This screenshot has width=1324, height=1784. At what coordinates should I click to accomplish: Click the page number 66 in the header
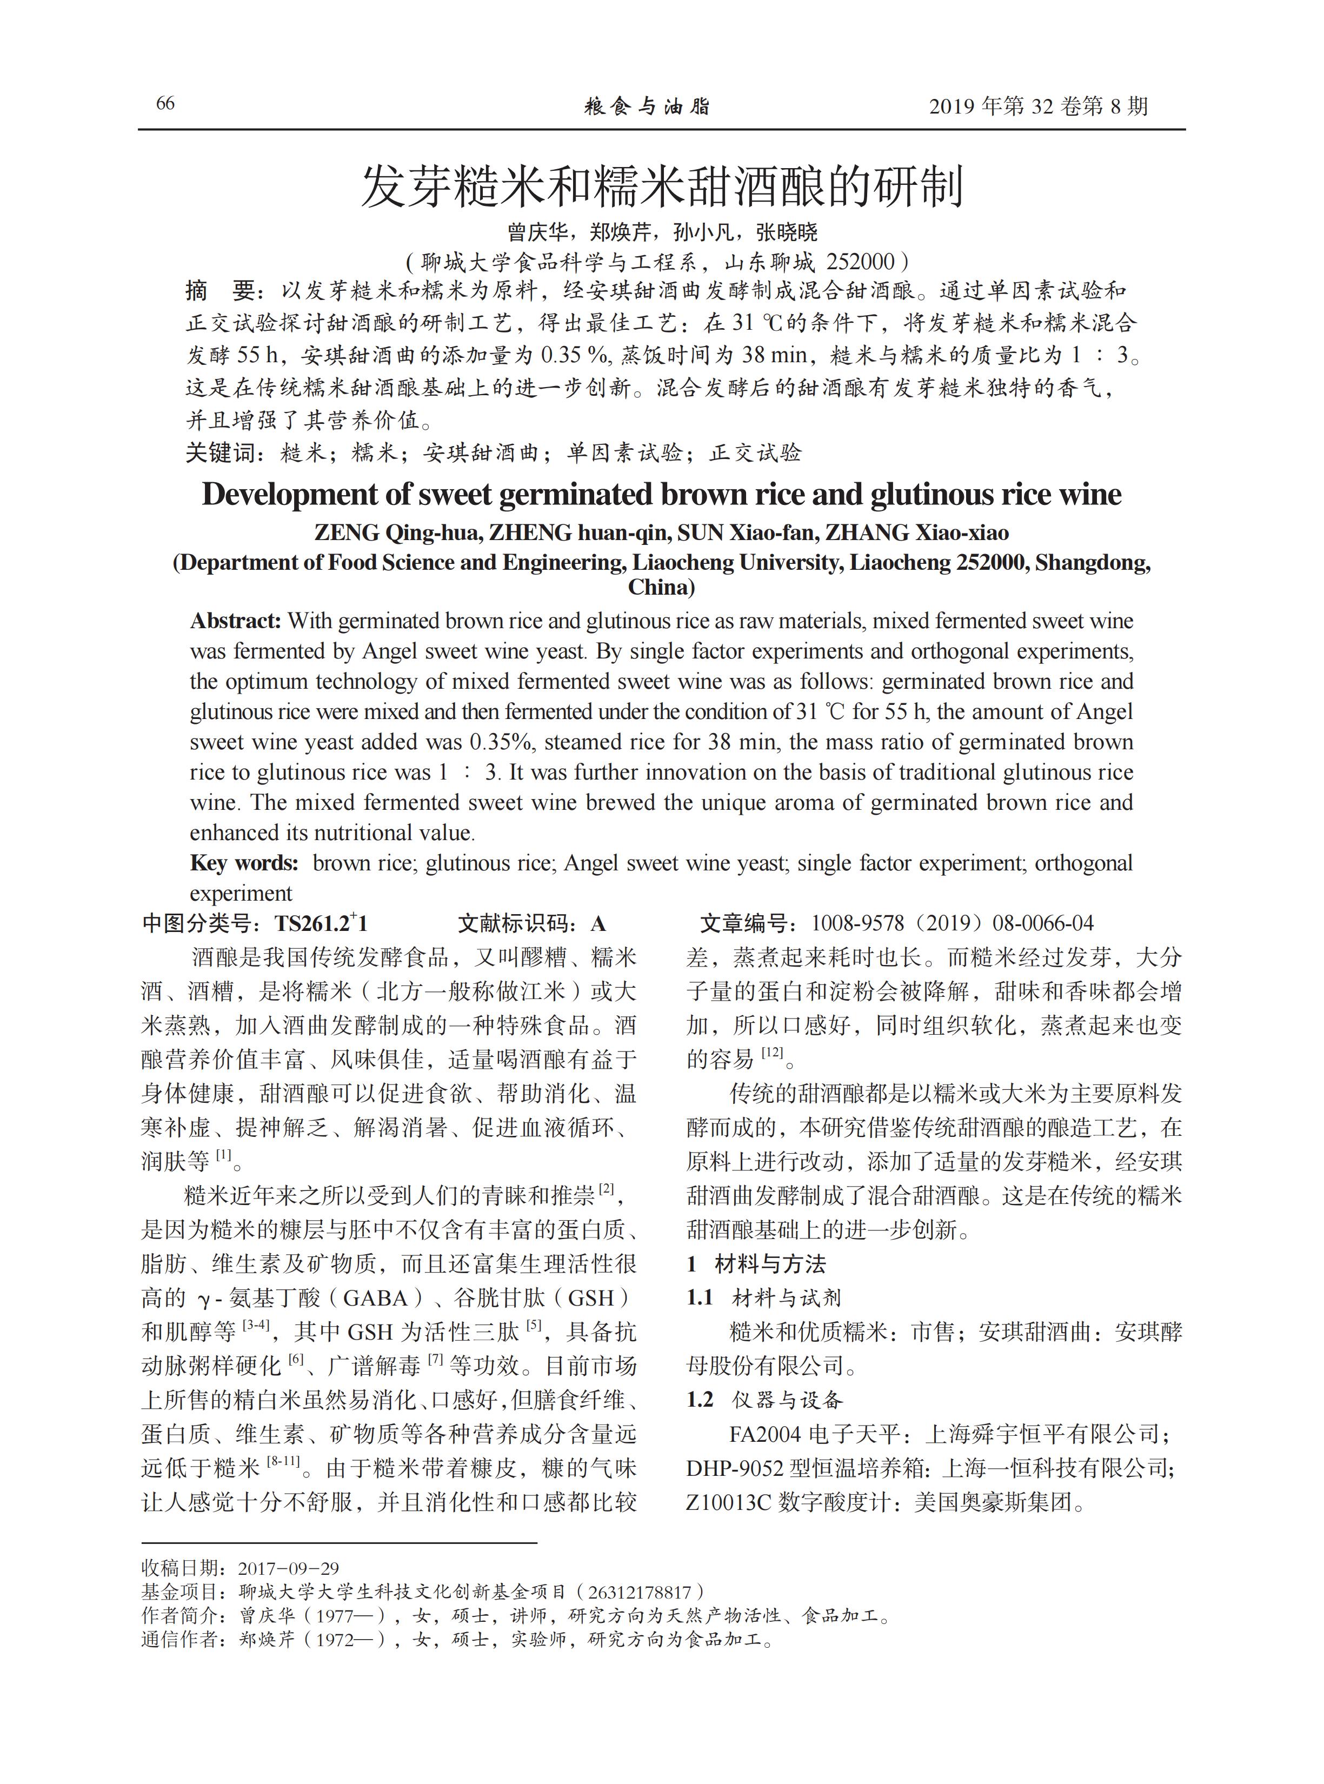tap(165, 103)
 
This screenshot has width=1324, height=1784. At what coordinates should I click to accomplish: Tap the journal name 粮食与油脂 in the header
tap(647, 106)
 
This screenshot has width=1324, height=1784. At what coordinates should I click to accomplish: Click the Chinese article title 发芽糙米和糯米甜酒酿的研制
tap(661, 186)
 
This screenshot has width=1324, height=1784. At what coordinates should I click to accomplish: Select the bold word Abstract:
tap(236, 621)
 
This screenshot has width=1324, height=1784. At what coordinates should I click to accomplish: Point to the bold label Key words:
tap(244, 863)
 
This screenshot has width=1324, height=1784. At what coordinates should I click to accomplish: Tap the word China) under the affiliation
tap(661, 588)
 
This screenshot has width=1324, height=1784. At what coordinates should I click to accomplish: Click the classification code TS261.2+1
tap(321, 924)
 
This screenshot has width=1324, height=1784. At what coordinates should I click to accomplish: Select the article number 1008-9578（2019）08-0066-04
tap(952, 924)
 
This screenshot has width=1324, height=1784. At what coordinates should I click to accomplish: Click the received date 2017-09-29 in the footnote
tap(289, 1568)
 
